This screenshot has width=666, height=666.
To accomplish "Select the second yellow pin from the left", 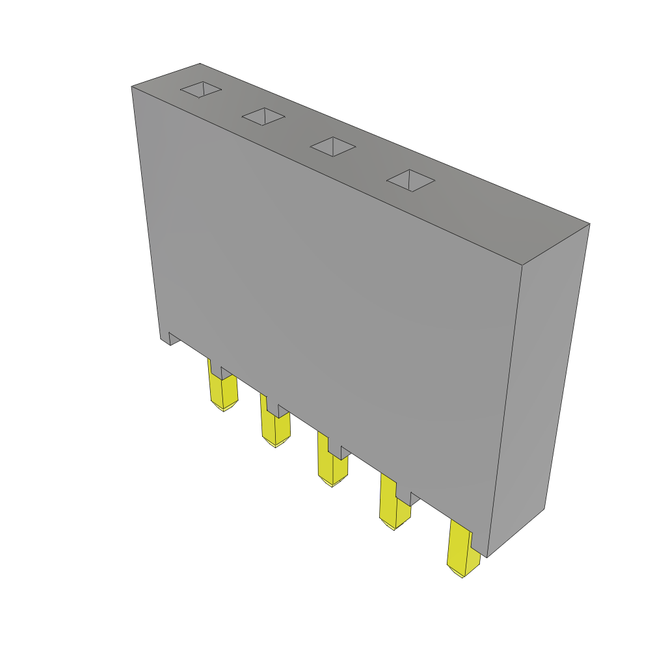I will point(274,426).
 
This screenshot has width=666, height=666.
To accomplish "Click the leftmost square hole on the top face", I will point(201,89).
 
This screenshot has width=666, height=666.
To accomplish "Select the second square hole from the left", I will point(263,116).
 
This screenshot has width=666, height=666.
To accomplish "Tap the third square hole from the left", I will point(333,146).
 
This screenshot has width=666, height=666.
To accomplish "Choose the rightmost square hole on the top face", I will point(410,180).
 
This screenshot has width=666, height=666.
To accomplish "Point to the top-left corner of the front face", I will point(132,87).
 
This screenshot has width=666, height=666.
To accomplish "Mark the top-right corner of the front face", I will point(522,265).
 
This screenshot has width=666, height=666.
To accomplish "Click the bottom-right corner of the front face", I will point(487,557).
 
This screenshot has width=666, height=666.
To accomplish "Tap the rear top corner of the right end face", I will point(589,224).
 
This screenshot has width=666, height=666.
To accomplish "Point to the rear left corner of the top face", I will point(199,64).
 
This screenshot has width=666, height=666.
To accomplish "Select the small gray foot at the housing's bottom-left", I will point(165,338).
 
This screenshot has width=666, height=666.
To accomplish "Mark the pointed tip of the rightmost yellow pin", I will point(462,576).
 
